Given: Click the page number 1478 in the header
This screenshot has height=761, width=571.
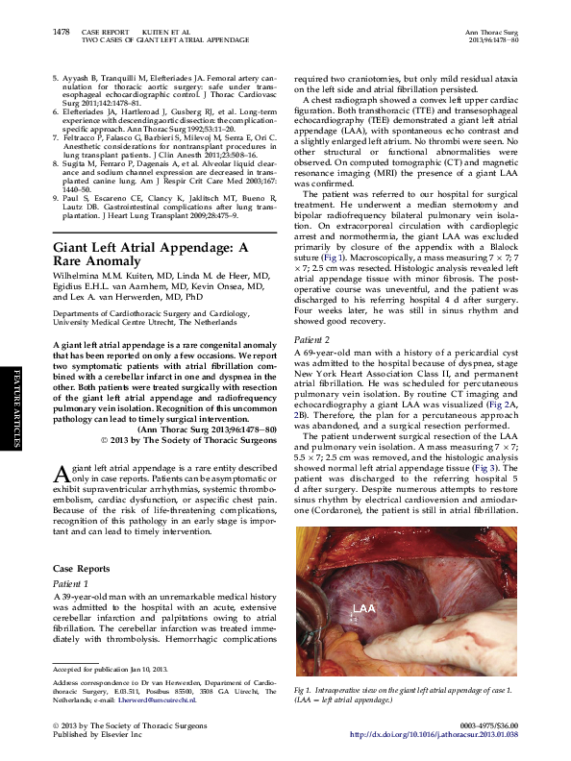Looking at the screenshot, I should pos(60,32).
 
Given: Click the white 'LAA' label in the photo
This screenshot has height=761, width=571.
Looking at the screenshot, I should pos(363,609).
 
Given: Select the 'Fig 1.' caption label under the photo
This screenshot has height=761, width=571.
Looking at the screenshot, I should pos(304,690).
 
